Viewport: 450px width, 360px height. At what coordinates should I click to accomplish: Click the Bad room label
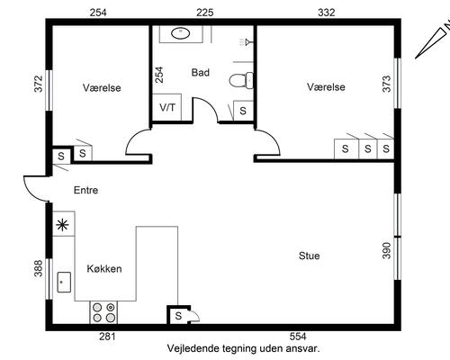pyautogui.click(x=201, y=73)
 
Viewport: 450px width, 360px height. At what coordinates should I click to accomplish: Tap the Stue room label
pyautogui.click(x=309, y=256)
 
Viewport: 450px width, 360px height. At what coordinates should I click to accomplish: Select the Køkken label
pyautogui.click(x=104, y=269)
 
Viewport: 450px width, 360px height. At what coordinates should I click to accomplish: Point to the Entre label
pyautogui.click(x=85, y=190)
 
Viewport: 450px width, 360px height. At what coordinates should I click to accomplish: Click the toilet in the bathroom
pyautogui.click(x=241, y=80)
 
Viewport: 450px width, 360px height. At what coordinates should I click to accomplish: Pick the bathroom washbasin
pyautogui.click(x=180, y=33)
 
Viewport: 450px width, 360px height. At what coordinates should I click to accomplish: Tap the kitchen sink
pyautogui.click(x=64, y=282)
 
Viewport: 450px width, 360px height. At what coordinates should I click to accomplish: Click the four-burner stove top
pyautogui.click(x=103, y=312)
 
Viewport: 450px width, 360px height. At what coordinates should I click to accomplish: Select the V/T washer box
pyautogui.click(x=166, y=107)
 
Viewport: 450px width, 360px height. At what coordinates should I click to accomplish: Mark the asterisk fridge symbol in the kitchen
pyautogui.click(x=63, y=225)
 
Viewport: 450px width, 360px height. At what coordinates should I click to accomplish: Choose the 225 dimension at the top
pyautogui.click(x=205, y=13)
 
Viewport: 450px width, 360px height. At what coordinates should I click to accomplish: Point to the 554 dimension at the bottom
pyautogui.click(x=298, y=337)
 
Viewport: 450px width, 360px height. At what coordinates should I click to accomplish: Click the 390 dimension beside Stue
pyautogui.click(x=387, y=250)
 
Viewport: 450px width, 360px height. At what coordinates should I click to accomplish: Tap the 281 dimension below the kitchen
pyautogui.click(x=107, y=337)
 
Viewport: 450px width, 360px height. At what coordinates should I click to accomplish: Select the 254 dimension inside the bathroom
pyautogui.click(x=159, y=75)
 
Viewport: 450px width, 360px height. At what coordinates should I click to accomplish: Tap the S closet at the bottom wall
pyautogui.click(x=178, y=316)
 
